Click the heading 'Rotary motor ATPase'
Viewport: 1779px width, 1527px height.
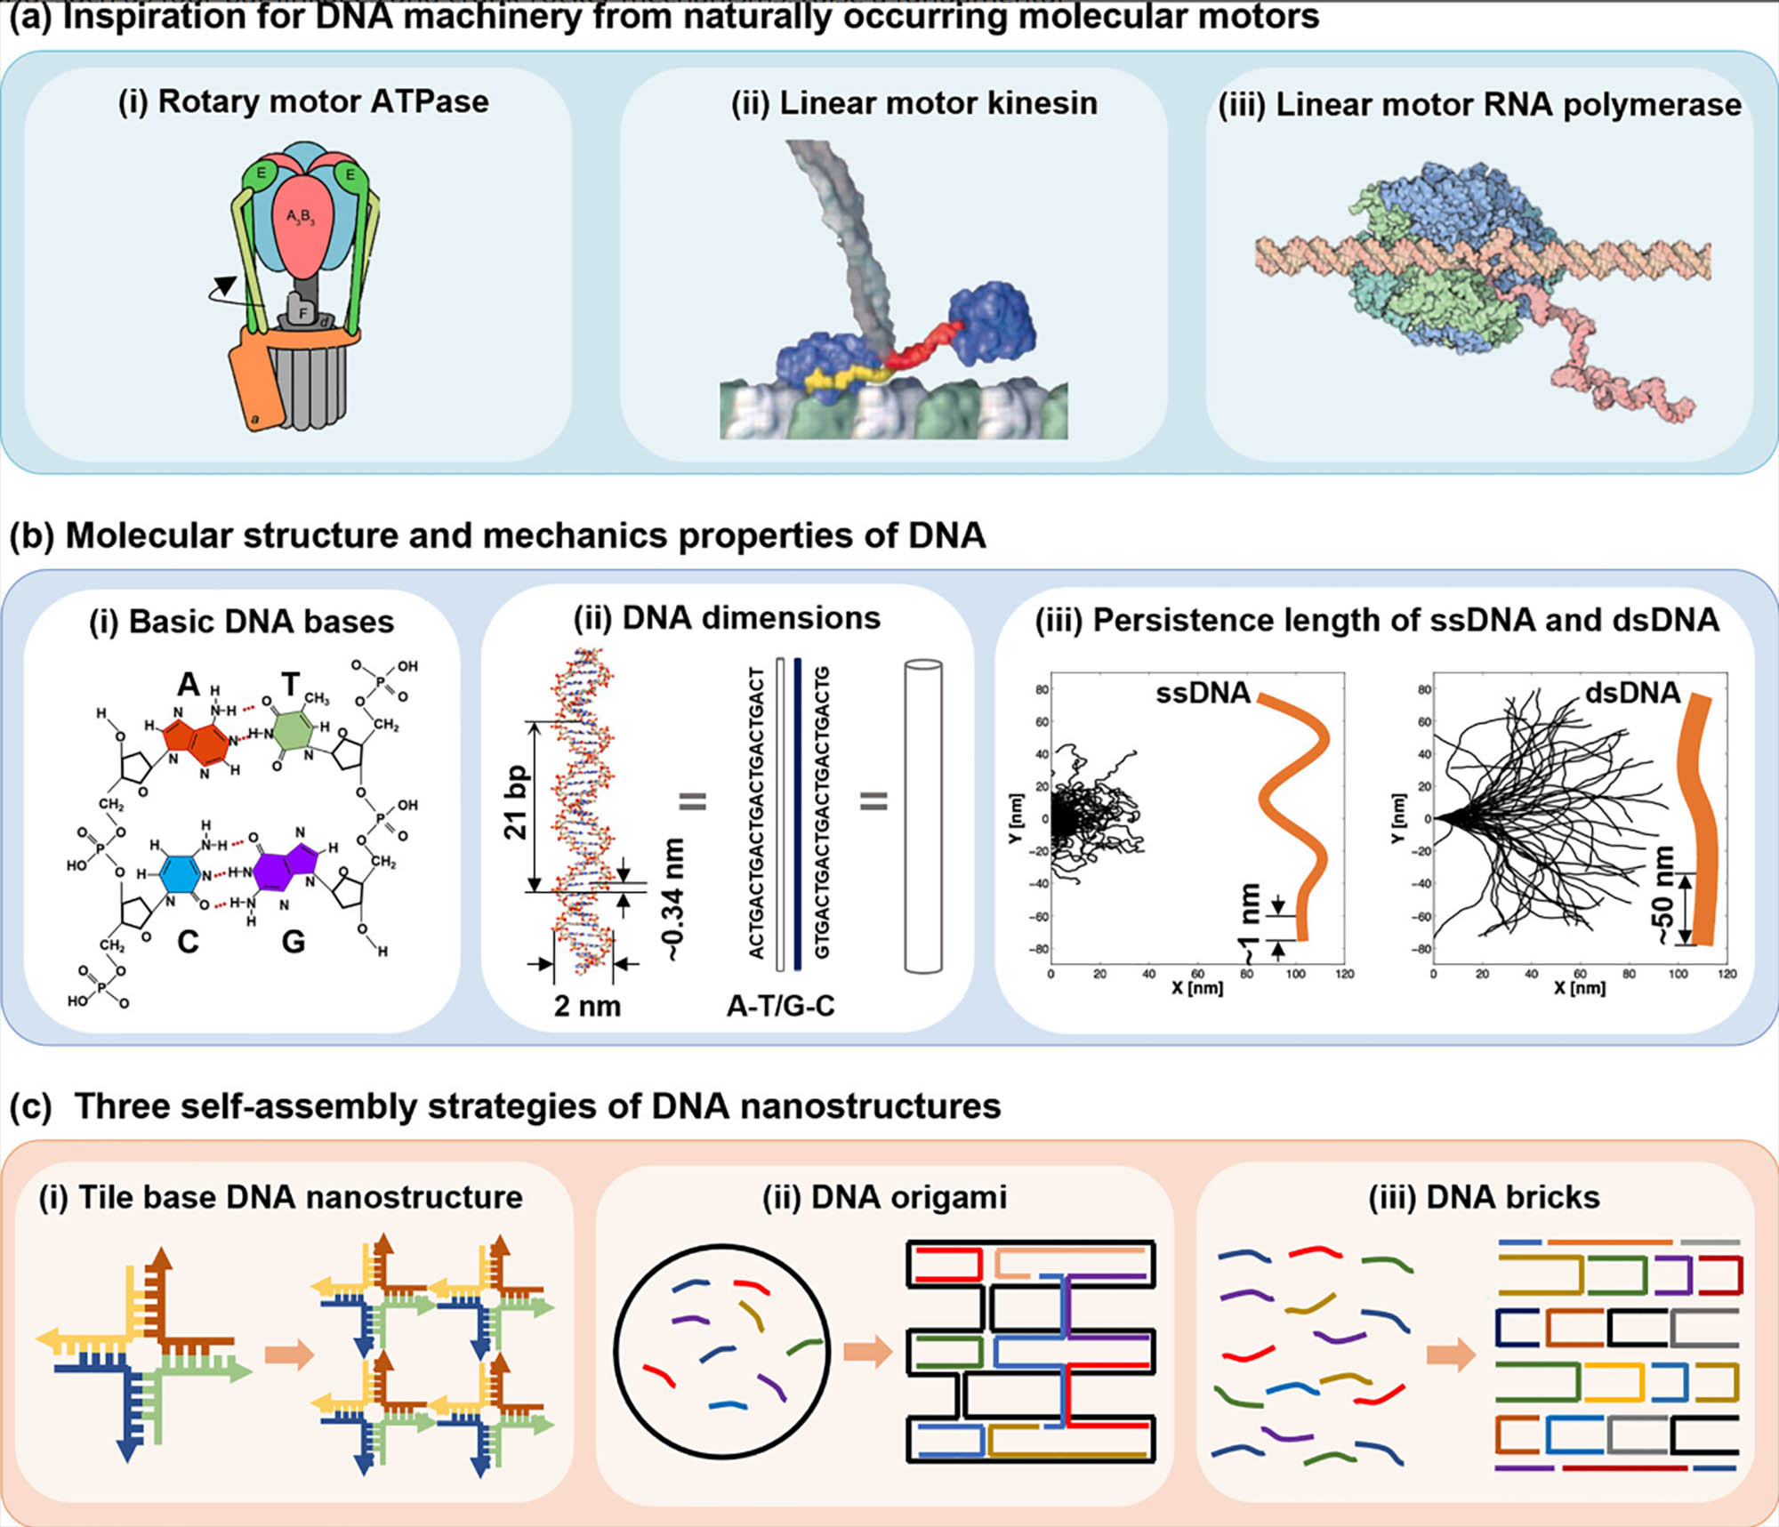(303, 101)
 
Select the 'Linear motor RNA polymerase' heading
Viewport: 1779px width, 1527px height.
(1479, 105)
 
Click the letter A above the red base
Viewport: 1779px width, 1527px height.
(188, 685)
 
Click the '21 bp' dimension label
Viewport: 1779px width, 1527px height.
(516, 802)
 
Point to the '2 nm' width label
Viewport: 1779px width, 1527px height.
(587, 1006)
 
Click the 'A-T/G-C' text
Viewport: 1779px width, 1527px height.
(780, 1006)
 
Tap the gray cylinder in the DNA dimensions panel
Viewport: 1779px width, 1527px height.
(922, 816)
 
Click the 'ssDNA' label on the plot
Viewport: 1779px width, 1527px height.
(1202, 693)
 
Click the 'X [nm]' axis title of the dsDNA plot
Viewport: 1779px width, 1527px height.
(1579, 988)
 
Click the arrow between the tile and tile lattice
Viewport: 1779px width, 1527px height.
(290, 1354)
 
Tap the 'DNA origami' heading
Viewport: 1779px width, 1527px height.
(884, 1197)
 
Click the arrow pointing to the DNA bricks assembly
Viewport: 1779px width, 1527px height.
(1451, 1355)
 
